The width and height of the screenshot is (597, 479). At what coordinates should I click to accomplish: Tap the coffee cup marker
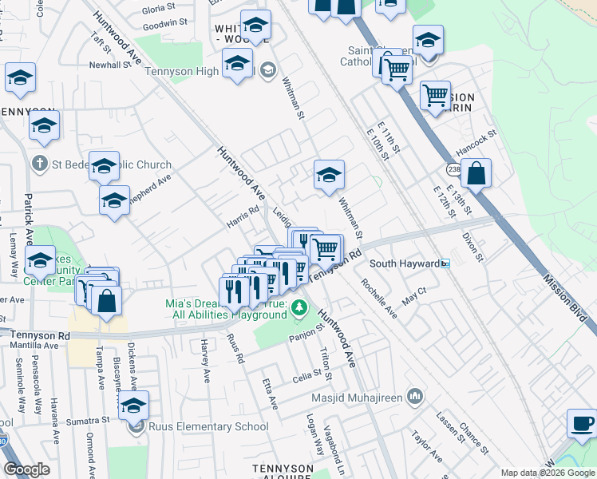point(582,424)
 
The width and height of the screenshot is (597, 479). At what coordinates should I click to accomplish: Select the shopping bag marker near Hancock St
point(476,174)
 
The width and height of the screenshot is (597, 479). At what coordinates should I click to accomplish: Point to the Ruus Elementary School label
point(209,426)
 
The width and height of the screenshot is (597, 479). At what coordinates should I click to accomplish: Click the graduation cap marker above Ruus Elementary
point(134,406)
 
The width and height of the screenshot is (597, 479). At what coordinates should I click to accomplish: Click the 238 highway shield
point(453,170)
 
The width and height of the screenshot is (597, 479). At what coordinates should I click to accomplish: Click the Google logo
point(27,469)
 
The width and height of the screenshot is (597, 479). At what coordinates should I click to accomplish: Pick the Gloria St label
point(158,9)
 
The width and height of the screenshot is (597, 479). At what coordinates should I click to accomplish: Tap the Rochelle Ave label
point(378,298)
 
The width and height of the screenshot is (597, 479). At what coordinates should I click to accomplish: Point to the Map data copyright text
point(547,473)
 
